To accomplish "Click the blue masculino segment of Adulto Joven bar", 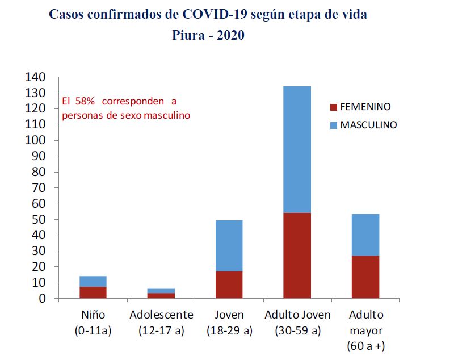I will pyautogui.click(x=297, y=149).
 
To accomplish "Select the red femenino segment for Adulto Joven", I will pyautogui.click(x=297, y=255).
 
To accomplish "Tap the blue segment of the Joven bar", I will pyautogui.click(x=229, y=246).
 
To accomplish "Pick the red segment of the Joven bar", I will pyautogui.click(x=229, y=284).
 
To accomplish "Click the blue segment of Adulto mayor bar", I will pyautogui.click(x=365, y=235).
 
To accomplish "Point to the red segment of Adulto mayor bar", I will pyautogui.click(x=365, y=277).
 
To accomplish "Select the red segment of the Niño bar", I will pyautogui.click(x=93, y=292).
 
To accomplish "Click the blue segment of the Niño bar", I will pyautogui.click(x=93, y=281).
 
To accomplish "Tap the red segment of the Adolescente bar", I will pyautogui.click(x=161, y=295).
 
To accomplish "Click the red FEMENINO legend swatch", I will pyautogui.click(x=333, y=107).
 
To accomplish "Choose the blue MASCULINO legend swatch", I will pyautogui.click(x=333, y=125).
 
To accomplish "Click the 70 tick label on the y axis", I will pyautogui.click(x=39, y=187).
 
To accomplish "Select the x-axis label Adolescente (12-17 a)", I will pyautogui.click(x=161, y=323).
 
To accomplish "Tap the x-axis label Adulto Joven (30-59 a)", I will pyautogui.click(x=297, y=323).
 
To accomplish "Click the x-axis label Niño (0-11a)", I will pyautogui.click(x=93, y=323).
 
